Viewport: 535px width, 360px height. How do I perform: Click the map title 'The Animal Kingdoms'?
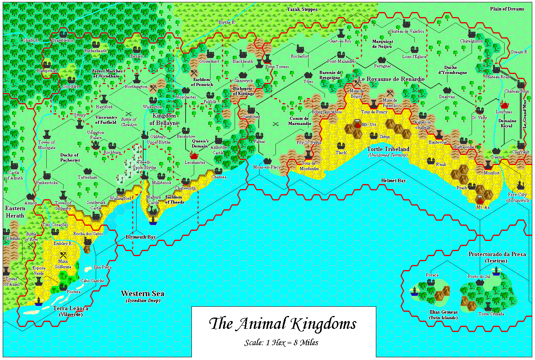pos(282,324)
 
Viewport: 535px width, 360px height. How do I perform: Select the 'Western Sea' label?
pos(142,294)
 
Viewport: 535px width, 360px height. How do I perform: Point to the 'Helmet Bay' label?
pos(393,181)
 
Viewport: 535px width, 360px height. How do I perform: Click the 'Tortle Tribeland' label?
pos(388,149)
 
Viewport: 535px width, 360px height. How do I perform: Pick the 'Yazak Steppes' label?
pos(302,9)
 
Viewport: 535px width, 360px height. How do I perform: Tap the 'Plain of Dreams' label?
pos(507,9)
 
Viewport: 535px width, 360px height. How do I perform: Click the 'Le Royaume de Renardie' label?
pos(391,79)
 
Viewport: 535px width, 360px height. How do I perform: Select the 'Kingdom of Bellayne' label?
pos(164,119)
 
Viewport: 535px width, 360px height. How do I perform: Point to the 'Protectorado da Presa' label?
pos(497,254)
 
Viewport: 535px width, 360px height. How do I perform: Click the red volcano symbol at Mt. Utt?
pos(357,124)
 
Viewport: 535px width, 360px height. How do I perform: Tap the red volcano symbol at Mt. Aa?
pos(480,199)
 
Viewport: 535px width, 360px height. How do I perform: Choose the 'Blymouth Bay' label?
pos(140,237)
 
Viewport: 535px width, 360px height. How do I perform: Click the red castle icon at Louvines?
pos(504,105)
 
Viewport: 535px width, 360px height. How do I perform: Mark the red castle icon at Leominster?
pos(194,156)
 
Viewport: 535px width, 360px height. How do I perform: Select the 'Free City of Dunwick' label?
pos(517,197)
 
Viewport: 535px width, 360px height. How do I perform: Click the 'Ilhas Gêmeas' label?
pos(443,312)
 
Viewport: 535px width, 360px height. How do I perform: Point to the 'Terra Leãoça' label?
pos(70,309)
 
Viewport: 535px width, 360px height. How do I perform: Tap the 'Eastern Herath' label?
pos(15,212)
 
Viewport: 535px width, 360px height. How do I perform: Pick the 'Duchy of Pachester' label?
pos(70,157)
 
